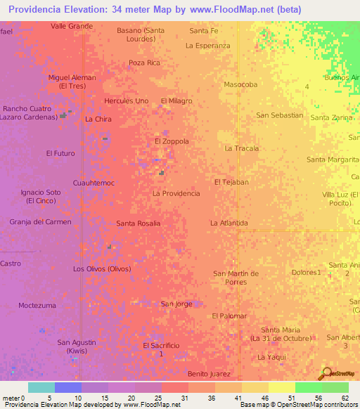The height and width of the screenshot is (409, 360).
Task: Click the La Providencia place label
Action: (x=176, y=193)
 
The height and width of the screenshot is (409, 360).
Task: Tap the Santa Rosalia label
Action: (x=139, y=223)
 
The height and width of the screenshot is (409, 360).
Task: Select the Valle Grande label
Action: (x=72, y=26)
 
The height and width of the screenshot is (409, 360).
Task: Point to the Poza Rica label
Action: (x=145, y=63)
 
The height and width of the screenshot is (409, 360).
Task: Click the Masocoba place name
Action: (x=240, y=84)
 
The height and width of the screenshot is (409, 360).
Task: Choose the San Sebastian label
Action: (x=280, y=115)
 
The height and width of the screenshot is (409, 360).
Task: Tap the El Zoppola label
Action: (x=172, y=141)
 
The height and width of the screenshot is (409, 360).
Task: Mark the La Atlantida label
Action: (x=229, y=223)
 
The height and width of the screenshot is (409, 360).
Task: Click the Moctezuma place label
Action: (x=37, y=306)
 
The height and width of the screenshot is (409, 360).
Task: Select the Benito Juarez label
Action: (x=210, y=375)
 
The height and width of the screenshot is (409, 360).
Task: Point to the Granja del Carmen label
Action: (x=41, y=222)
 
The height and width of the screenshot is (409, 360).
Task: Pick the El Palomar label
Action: (x=229, y=316)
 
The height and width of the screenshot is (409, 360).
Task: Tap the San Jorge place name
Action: (x=176, y=304)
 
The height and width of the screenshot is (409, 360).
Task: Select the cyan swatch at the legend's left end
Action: (x=41, y=387)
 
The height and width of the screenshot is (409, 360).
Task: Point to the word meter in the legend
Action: (x=11, y=398)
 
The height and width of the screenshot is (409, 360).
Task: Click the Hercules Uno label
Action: (x=126, y=101)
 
